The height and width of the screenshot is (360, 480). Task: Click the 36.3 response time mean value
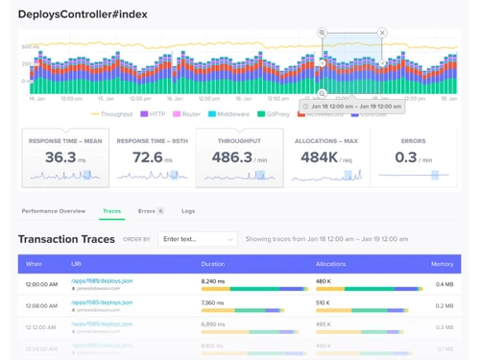60,157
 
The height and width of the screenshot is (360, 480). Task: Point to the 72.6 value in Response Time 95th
147,157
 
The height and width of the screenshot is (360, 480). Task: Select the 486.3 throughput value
233,157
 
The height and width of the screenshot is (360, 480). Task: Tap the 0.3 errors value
406,157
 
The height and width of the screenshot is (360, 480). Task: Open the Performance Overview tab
54,210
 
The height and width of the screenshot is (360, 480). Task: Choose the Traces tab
111,210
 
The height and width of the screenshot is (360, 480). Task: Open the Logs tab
188,210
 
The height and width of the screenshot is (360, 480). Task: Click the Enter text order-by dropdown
198,239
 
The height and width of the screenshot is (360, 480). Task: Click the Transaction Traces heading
67,239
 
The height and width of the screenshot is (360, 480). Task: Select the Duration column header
212,263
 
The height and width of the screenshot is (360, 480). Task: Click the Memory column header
442,263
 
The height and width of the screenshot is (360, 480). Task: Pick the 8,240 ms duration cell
213,281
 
